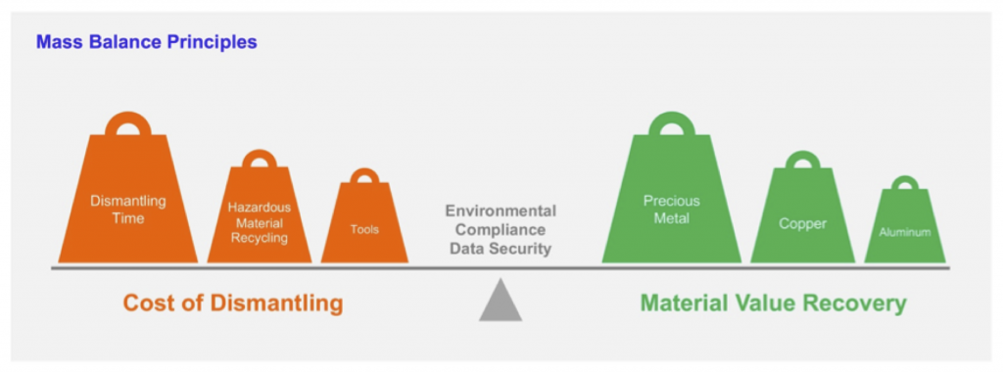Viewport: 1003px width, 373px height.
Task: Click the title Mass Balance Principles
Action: [146, 43]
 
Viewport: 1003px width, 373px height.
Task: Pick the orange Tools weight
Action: [364, 227]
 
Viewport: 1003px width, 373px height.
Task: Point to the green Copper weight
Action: [802, 221]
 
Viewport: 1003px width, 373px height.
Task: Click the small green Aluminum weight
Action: [904, 230]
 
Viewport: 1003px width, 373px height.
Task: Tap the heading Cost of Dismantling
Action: [233, 303]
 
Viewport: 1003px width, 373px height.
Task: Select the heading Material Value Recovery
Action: [773, 303]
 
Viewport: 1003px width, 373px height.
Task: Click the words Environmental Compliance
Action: [501, 220]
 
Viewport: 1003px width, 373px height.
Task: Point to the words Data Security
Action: [501, 249]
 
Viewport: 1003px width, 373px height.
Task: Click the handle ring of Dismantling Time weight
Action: [128, 125]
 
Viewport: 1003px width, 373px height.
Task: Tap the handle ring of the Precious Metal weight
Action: [672, 125]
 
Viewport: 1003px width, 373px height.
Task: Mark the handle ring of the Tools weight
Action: [364, 177]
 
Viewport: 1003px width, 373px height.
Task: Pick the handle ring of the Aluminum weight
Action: [904, 183]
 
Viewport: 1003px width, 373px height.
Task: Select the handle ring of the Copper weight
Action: [802, 161]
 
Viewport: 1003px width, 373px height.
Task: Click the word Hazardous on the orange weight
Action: [260, 208]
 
